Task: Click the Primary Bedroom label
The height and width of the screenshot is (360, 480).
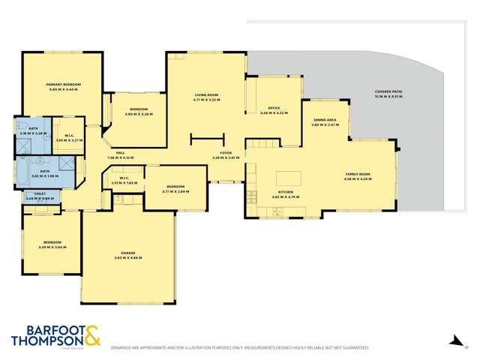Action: click(64, 85)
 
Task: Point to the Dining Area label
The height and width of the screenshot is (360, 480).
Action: click(325, 120)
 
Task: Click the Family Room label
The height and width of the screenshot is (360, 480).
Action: click(358, 175)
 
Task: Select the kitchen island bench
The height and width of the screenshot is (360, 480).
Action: click(288, 178)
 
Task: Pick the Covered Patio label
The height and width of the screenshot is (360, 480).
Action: click(388, 91)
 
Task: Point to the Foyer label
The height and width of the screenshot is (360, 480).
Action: click(226, 153)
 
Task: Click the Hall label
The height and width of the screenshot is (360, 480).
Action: click(120, 153)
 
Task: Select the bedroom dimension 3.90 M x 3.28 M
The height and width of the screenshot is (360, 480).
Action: click(139, 114)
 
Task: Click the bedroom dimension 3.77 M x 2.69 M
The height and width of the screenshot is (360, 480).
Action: click(175, 191)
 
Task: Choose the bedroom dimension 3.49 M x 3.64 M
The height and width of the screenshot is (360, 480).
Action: click(52, 247)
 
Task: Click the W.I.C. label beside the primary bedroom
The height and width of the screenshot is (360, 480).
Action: click(68, 139)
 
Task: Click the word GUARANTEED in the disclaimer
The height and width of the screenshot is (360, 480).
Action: click(352, 348)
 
